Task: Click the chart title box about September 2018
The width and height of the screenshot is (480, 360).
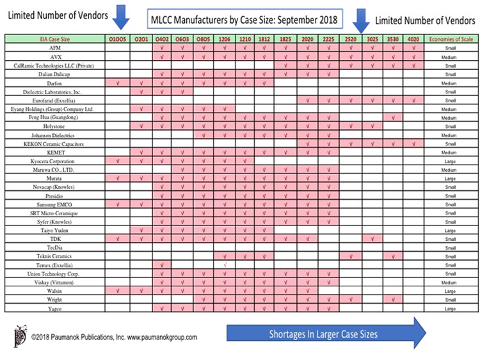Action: point(246,19)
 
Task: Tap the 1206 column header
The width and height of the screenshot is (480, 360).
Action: point(225,40)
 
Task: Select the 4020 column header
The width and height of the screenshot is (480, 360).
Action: point(413,40)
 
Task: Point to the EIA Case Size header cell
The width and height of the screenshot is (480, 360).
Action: point(55,40)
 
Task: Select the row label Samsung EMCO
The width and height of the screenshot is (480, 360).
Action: point(55,204)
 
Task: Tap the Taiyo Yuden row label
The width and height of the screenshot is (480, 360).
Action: point(55,229)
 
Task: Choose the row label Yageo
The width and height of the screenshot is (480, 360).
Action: point(55,309)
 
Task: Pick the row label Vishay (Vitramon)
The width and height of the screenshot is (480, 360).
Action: point(55,282)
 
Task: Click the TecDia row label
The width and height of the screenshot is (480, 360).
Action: point(55,247)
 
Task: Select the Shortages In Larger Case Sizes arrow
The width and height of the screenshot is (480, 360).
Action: point(326,333)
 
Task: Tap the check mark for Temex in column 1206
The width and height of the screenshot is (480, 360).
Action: point(225,265)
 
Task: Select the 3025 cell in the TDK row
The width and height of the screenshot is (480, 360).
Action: point(372,238)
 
